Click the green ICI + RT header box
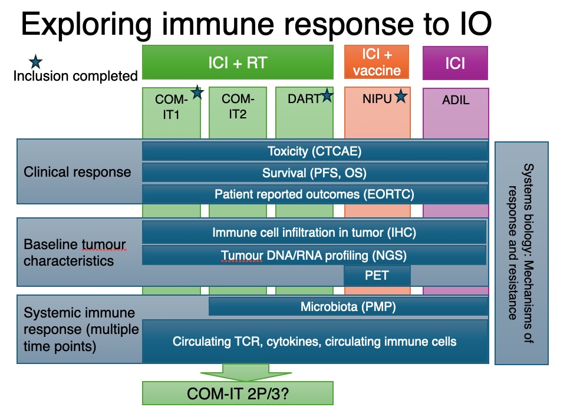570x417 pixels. (x=238, y=62)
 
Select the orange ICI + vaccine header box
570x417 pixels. (x=377, y=62)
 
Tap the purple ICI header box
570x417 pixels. (x=455, y=63)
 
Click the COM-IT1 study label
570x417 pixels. (x=171, y=107)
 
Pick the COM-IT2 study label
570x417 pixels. (x=238, y=106)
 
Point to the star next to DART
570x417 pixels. (x=327, y=95)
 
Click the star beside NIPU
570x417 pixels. (x=401, y=96)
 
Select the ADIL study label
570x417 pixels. (x=456, y=100)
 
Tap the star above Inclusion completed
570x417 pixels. (x=35, y=62)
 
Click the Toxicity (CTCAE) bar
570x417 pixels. (x=315, y=151)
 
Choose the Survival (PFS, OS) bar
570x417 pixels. (x=315, y=173)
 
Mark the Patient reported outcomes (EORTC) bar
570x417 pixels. (x=315, y=194)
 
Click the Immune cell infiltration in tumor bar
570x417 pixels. (x=314, y=233)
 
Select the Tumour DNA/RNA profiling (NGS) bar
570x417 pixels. (x=314, y=256)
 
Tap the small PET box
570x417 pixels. (x=377, y=275)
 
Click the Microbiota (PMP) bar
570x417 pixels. (x=348, y=307)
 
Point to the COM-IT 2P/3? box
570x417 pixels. (x=238, y=393)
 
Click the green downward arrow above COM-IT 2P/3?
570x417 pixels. (x=246, y=372)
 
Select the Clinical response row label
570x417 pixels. (x=77, y=172)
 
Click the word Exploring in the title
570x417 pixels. (x=87, y=25)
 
